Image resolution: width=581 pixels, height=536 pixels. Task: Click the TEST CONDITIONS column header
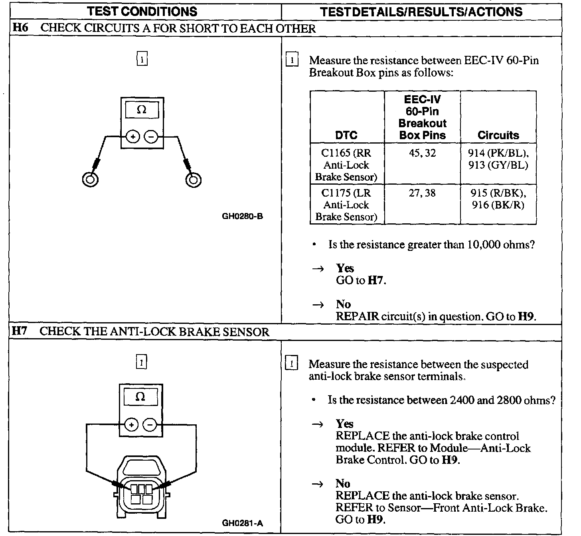pos(142,11)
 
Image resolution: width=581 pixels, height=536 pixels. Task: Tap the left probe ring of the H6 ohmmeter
pos(90,179)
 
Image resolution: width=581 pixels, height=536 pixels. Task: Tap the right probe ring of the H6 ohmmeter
pos(194,179)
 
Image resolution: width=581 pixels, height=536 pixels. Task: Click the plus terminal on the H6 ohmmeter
pos(133,137)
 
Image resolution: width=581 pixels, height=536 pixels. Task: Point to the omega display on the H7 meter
pos(140,397)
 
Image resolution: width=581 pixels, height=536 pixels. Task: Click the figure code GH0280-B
pos(242,217)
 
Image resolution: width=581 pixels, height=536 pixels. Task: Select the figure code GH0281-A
pos(242,523)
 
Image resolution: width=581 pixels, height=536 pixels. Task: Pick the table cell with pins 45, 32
pos(422,153)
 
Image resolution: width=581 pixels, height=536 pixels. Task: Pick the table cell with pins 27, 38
pos(422,193)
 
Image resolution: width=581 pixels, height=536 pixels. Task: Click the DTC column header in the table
pos(346,135)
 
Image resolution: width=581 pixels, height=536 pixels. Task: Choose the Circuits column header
pos(498,135)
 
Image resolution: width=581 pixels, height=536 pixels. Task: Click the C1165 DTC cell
pos(346,165)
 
